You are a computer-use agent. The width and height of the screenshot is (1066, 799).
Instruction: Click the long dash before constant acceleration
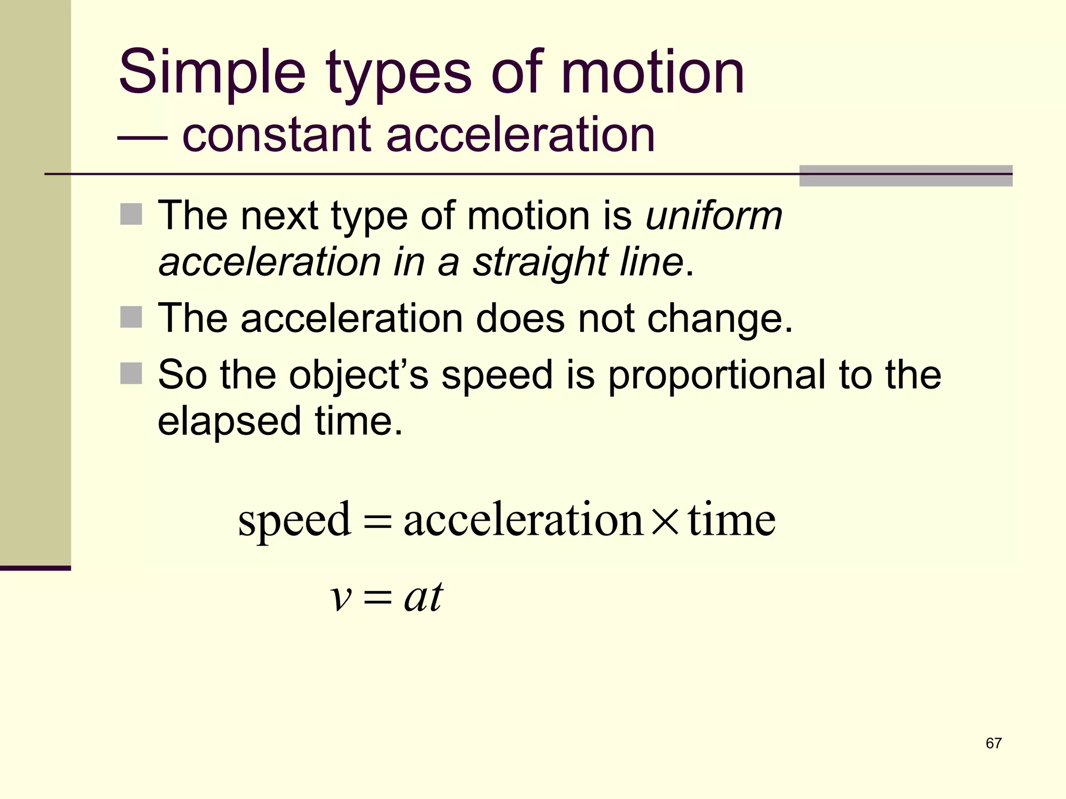[x=142, y=138]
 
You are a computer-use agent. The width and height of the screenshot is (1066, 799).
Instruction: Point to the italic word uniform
[x=714, y=216]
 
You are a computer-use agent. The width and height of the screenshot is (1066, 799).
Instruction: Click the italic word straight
[x=540, y=262]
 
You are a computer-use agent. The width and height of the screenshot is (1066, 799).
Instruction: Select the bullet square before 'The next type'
[x=131, y=214]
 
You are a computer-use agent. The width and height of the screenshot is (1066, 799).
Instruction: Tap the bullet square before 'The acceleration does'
[x=131, y=317]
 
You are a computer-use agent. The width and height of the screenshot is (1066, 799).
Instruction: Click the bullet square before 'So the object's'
[x=131, y=373]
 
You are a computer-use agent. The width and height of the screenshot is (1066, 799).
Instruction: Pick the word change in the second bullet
[x=720, y=318]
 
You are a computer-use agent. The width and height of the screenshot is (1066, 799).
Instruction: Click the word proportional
[x=717, y=376]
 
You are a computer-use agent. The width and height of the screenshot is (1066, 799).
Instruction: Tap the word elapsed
[x=230, y=421]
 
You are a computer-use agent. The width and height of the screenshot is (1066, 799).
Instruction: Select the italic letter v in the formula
[x=341, y=598]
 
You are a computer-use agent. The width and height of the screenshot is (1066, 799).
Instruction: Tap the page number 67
[x=993, y=743]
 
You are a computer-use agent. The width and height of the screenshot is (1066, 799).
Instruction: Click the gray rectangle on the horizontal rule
[x=906, y=176]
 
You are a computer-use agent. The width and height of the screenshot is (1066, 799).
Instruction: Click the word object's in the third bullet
[x=359, y=376]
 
